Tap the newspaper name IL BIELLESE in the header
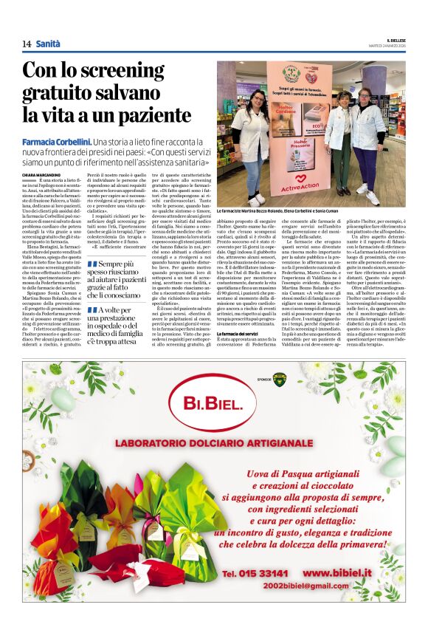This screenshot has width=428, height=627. point(396,41)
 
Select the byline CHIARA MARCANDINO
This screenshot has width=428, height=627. point(41,173)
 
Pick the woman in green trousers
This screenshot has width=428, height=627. point(342,140)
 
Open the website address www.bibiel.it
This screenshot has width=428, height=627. point(347,572)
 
